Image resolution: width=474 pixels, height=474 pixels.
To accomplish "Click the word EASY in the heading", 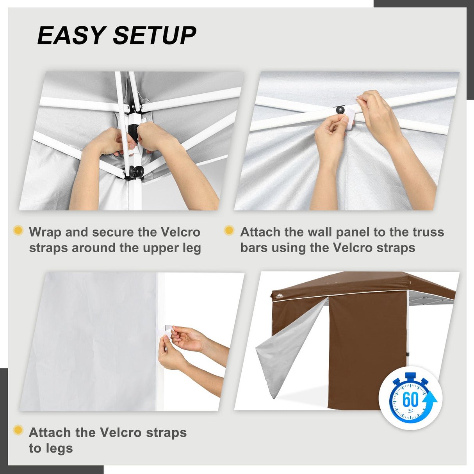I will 70,36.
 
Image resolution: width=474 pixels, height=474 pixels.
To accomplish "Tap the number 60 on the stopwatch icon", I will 410,400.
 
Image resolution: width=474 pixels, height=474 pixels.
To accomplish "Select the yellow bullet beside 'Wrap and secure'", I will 18,230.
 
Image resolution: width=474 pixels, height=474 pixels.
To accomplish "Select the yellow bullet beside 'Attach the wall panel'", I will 229,230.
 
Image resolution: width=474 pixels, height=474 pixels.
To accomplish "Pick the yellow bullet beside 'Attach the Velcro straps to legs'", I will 18,430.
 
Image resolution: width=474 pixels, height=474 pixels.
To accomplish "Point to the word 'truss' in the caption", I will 428,232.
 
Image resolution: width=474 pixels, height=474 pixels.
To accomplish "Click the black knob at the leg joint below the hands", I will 137,171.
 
